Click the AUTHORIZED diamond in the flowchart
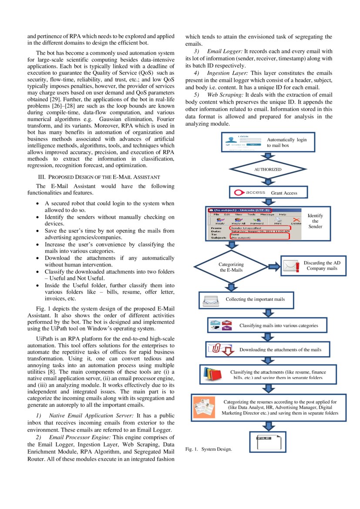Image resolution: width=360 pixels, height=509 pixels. tap(268, 169)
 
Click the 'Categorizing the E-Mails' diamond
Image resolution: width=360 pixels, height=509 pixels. tap(232, 267)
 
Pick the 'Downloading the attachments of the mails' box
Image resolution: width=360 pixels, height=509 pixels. tap(268, 349)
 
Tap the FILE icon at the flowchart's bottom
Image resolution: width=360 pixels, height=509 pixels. tap(267, 441)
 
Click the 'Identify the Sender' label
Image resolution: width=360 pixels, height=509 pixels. tap(315, 221)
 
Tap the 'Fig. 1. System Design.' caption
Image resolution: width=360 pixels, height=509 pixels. tap(209, 449)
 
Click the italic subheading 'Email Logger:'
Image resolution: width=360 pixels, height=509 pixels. tap(225, 51)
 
